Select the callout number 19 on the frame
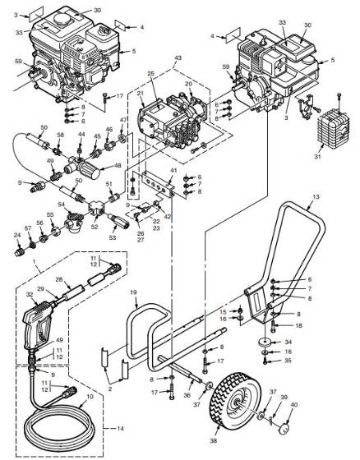pos(131,292)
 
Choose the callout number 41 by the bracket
pos(172,171)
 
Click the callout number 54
pos(61,204)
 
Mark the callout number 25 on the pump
pos(150,75)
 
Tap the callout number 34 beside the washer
pos(287,341)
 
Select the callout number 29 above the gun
pos(39,290)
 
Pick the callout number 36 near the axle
pos(187,396)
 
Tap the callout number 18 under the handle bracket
pos(287,325)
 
